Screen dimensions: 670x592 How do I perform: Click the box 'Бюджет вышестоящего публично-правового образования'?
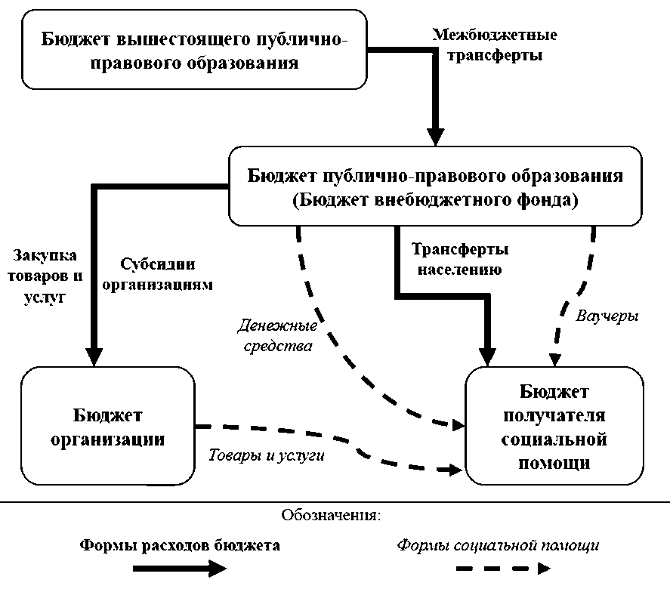[194, 50]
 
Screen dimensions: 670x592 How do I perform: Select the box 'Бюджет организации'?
[108, 426]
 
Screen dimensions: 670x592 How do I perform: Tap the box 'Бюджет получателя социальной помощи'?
[554, 426]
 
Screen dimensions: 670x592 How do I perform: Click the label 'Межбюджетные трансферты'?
[495, 45]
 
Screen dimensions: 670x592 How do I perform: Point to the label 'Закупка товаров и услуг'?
[45, 276]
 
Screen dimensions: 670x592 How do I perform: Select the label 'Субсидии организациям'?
[158, 274]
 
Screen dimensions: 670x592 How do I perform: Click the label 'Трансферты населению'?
[460, 259]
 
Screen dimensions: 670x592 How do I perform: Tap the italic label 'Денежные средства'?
[277, 335]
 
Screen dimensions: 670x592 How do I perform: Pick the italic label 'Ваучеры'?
[607, 316]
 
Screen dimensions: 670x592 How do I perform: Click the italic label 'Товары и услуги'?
[266, 455]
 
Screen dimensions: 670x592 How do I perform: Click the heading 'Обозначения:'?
[331, 515]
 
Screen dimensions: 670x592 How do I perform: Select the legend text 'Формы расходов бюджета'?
[180, 545]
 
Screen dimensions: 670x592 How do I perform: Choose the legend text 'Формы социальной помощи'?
[498, 545]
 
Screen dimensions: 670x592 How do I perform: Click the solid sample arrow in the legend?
[180, 569]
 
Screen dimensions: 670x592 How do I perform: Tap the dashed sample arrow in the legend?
[503, 569]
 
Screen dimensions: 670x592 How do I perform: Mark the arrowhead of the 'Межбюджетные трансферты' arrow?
[435, 137]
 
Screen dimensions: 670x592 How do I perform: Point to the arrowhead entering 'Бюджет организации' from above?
[94, 357]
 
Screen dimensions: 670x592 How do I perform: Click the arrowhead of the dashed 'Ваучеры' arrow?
[554, 360]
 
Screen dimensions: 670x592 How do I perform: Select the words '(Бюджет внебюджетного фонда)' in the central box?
[435, 200]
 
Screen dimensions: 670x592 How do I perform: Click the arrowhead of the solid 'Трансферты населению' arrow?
[487, 357]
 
